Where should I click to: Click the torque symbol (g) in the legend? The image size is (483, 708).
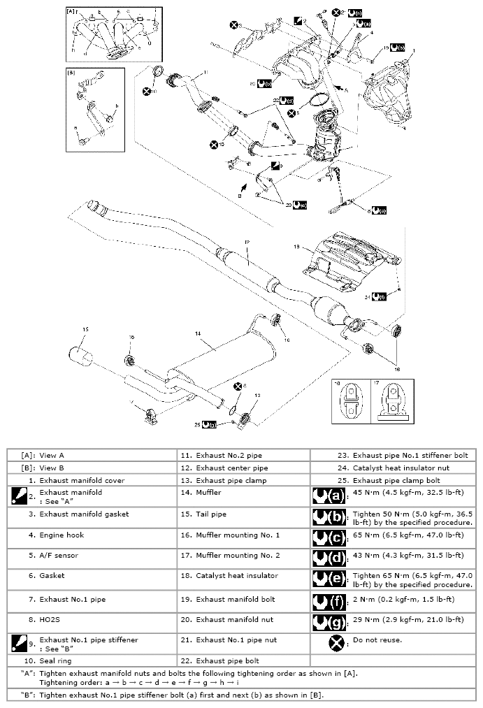[x=329, y=620]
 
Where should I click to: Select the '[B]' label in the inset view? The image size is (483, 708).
[x=71, y=72]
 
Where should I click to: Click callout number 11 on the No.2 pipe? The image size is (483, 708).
[x=206, y=72]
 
